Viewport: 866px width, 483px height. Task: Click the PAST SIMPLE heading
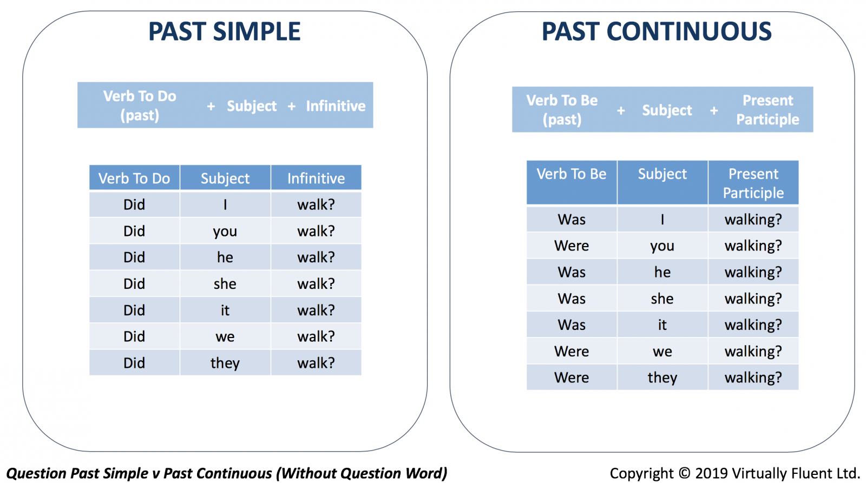point(225,31)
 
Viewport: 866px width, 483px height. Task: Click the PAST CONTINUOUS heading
point(657,31)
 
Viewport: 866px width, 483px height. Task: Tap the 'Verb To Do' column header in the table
point(134,178)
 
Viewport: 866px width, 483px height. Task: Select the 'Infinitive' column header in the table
point(316,178)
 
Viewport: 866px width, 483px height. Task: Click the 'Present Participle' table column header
point(753,183)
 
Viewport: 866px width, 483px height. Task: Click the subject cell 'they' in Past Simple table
point(225,363)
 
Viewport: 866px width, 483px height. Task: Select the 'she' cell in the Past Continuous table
point(662,299)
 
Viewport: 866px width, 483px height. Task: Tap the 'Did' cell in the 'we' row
point(134,336)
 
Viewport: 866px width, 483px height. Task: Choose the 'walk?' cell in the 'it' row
point(316,310)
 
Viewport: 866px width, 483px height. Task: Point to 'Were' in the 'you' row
point(572,246)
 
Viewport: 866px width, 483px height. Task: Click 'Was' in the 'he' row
point(572,272)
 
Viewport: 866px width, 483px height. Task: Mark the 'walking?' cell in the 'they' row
point(753,378)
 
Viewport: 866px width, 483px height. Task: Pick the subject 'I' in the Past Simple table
point(225,204)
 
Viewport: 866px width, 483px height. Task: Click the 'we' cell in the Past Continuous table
point(662,351)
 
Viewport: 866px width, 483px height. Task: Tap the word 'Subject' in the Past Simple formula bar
point(252,106)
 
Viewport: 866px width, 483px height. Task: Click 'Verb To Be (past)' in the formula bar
point(562,110)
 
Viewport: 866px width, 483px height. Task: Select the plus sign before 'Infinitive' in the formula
point(292,106)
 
